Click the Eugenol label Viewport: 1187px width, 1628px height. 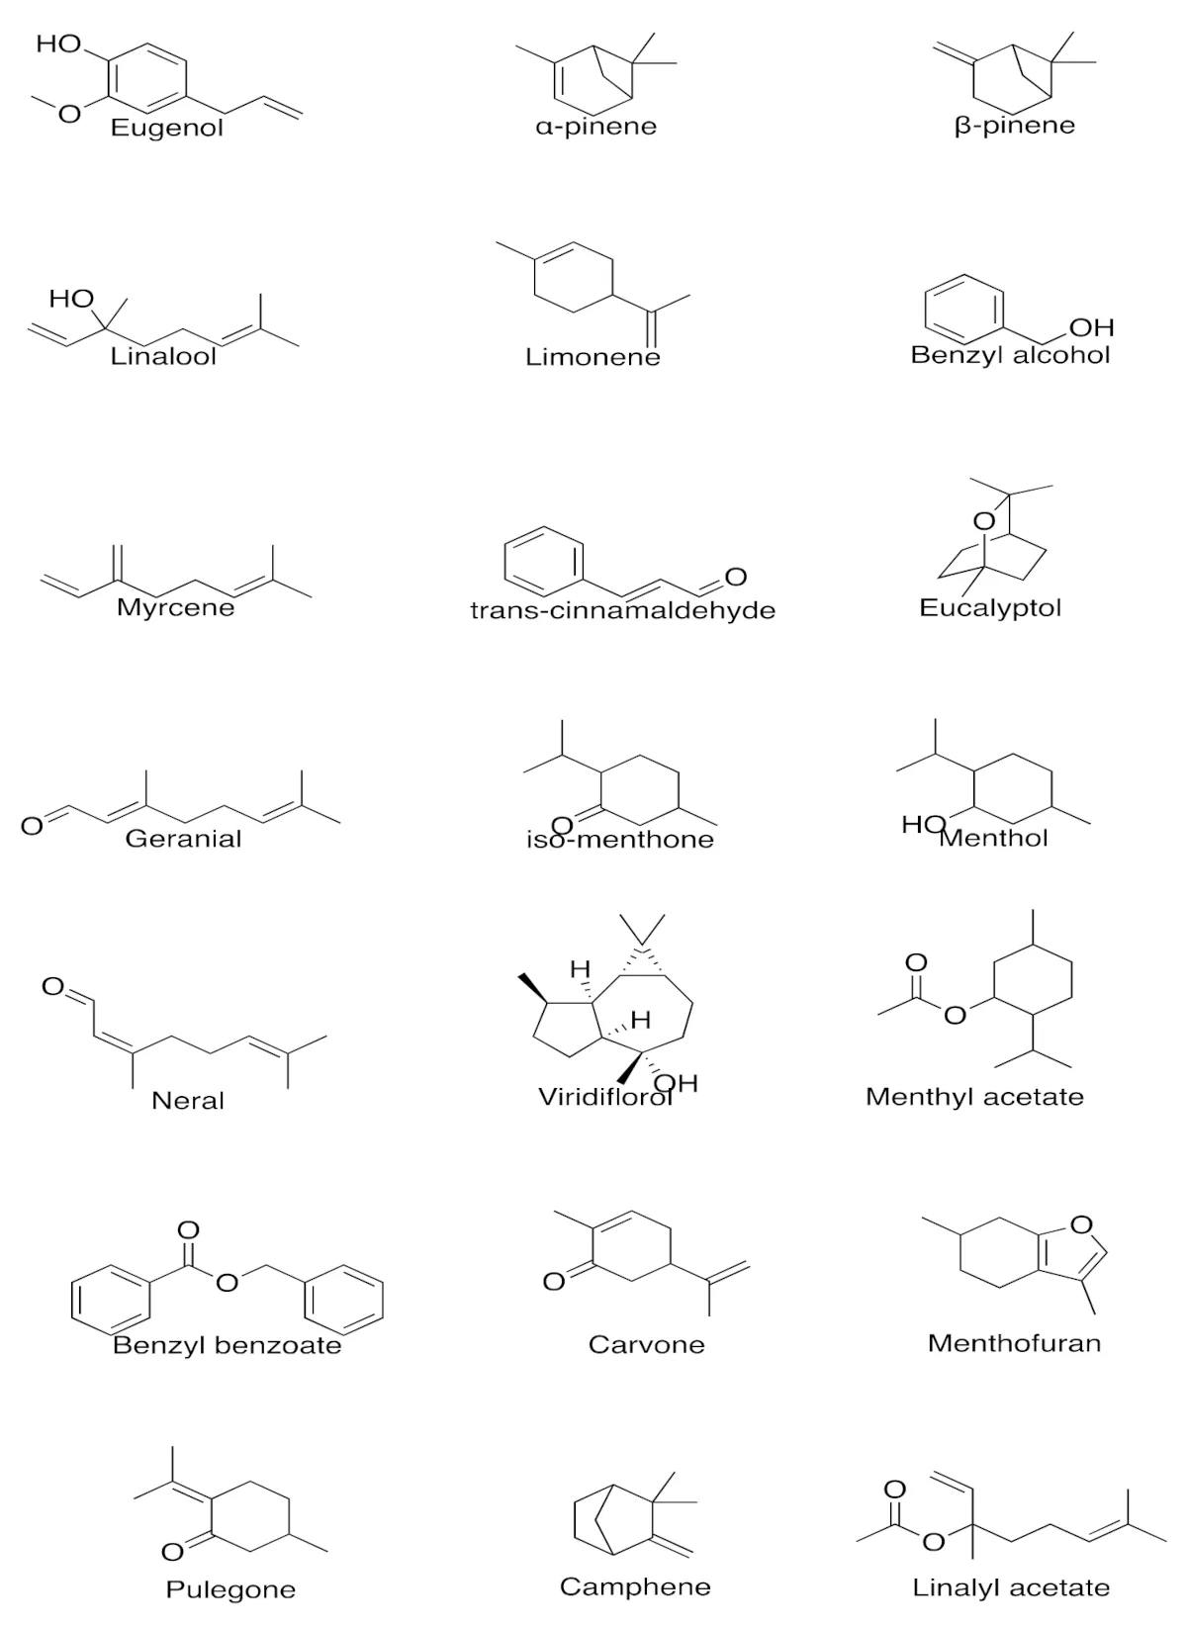coord(166,128)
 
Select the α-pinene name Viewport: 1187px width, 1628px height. coord(596,127)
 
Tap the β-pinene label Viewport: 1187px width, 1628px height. coord(1015,125)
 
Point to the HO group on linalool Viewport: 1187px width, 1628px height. coord(72,299)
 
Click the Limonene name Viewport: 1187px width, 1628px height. coord(593,357)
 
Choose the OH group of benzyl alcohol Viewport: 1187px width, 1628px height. coord(1092,327)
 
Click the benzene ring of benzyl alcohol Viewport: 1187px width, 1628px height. coord(964,310)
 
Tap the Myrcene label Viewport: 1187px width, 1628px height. coord(176,607)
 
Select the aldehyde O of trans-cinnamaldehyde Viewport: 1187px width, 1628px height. coord(736,577)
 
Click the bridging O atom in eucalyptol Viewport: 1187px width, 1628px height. coord(984,521)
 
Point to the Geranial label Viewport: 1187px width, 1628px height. coord(183,839)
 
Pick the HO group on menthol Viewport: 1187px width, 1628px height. coord(923,825)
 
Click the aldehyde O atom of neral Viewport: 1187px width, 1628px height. coord(53,986)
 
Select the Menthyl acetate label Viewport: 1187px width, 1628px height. coord(974,1097)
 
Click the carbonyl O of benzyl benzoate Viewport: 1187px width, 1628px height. coord(188,1231)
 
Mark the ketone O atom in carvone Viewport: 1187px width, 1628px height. coord(554,1281)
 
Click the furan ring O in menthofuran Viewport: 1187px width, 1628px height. coord(1081,1225)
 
